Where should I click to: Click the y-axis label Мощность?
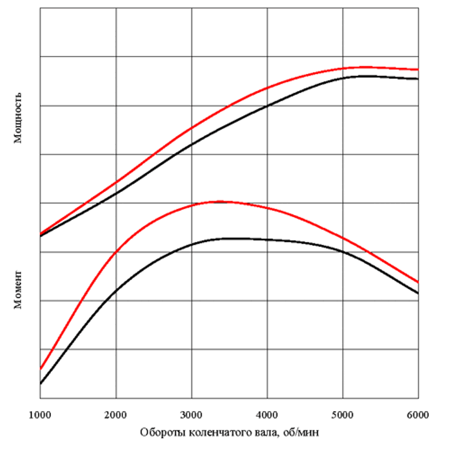19,116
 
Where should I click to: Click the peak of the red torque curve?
220,201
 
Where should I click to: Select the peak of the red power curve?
364,66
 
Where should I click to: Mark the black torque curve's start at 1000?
40,383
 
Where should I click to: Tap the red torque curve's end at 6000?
418,282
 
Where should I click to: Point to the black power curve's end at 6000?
418,79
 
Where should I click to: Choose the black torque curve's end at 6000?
418,294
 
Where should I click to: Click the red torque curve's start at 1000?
40,369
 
